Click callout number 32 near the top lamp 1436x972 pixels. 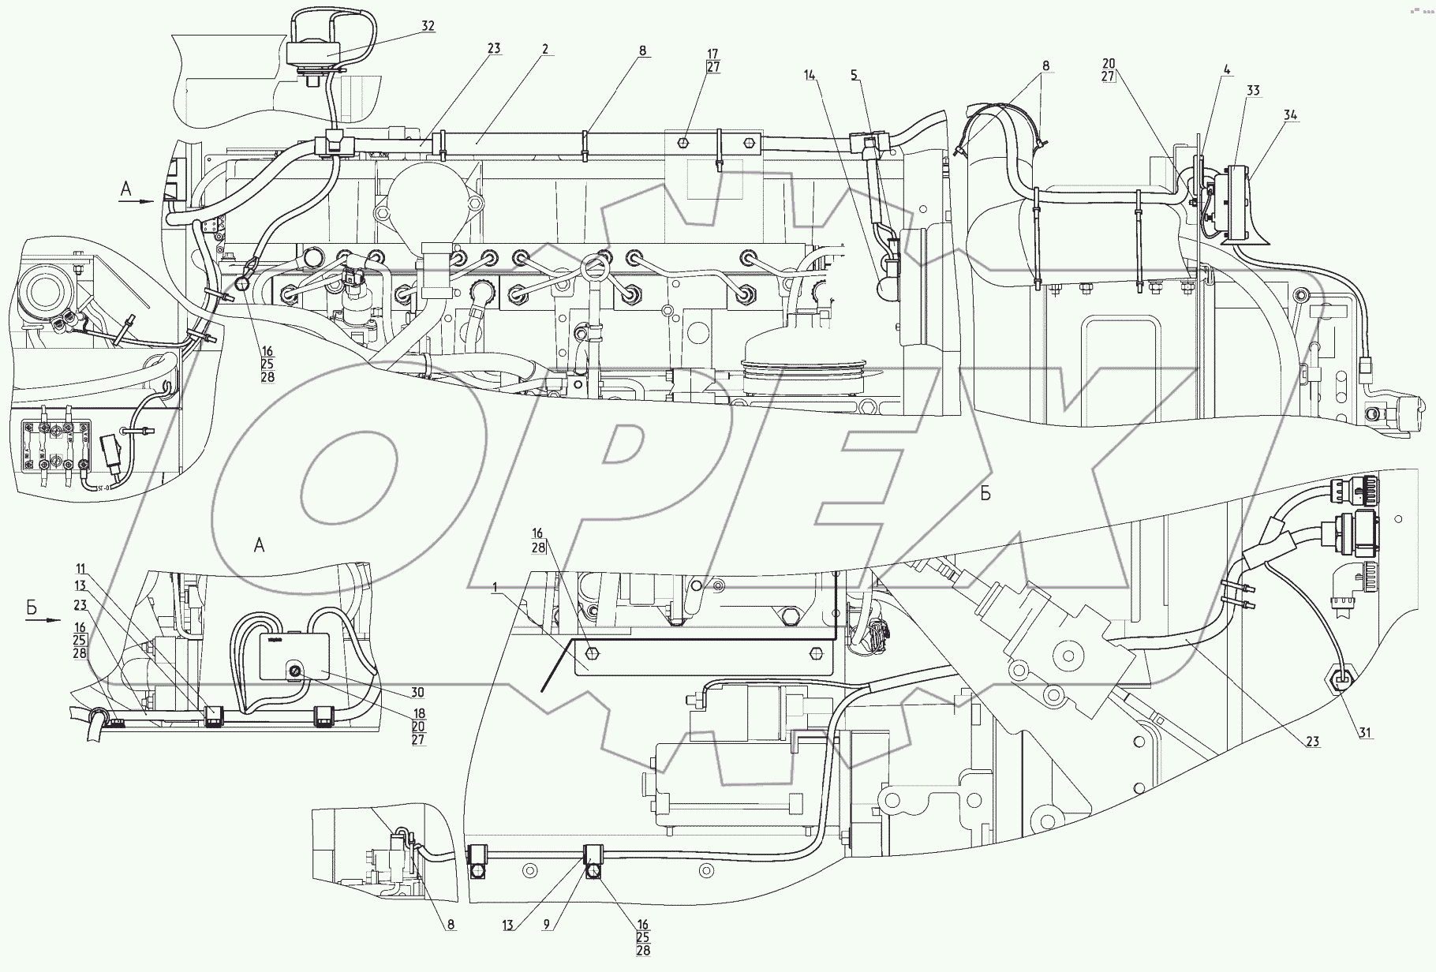[428, 26]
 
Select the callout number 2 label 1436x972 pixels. [545, 49]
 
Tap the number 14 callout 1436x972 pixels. [810, 75]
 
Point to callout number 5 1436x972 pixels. [854, 75]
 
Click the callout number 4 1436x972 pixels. [1227, 69]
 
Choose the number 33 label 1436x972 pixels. [1252, 92]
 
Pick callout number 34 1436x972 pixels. [1290, 115]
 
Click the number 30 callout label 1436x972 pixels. [417, 693]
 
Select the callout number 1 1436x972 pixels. [495, 588]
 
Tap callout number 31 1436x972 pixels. [1366, 733]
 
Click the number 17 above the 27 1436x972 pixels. [712, 54]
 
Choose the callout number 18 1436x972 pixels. [418, 713]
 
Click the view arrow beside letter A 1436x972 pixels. [136, 201]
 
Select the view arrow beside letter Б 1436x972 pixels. [43, 620]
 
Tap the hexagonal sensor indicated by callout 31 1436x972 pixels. [1341, 677]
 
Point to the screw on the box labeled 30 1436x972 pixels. [294, 671]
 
